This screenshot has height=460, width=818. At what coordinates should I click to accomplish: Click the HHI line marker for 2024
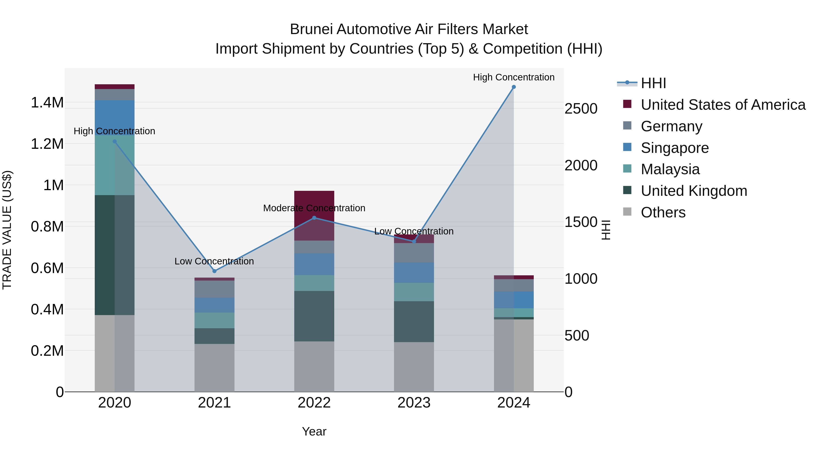pyautogui.click(x=514, y=87)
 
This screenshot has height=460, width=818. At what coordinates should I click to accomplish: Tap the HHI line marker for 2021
pyautogui.click(x=214, y=271)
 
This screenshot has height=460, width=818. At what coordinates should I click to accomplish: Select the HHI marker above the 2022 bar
pyautogui.click(x=314, y=218)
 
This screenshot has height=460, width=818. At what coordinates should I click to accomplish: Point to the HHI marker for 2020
pyautogui.click(x=115, y=142)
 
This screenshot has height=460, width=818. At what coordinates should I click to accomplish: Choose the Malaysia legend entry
pyautogui.click(x=670, y=169)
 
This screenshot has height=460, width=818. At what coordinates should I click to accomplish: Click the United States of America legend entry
pyautogui.click(x=723, y=105)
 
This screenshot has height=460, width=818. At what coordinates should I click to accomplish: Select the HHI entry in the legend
pyautogui.click(x=653, y=83)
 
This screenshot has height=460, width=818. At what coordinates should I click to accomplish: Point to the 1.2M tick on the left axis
pyautogui.click(x=47, y=144)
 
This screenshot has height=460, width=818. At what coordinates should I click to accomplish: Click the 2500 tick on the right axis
pyautogui.click(x=581, y=109)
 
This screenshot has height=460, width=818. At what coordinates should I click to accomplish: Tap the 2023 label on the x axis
pyautogui.click(x=414, y=403)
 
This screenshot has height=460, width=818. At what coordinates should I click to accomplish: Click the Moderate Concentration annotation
pyautogui.click(x=314, y=208)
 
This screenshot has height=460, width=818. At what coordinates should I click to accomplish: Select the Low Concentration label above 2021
pyautogui.click(x=214, y=261)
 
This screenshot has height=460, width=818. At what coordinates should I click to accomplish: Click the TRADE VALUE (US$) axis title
pyautogui.click(x=7, y=230)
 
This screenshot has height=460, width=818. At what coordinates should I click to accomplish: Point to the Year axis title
pyautogui.click(x=314, y=431)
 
